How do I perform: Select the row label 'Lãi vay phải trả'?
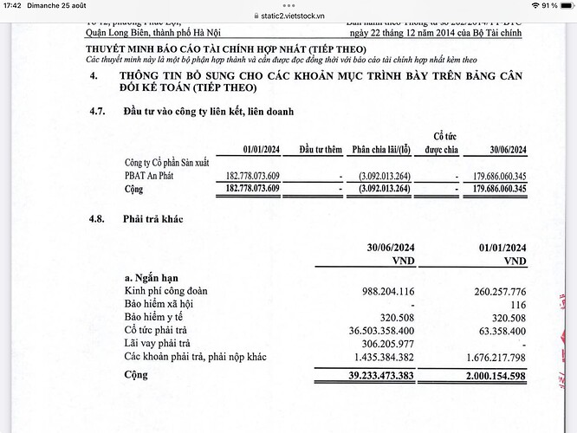click(x=161, y=343)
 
